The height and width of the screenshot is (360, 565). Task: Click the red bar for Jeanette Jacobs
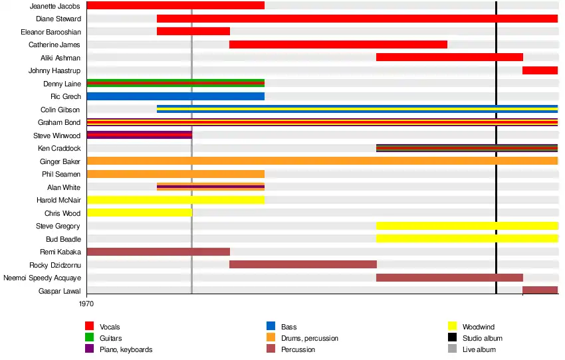coord(175,5)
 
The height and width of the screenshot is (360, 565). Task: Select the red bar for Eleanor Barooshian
coord(193,31)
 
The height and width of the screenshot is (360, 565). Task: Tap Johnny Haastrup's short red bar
coord(540,70)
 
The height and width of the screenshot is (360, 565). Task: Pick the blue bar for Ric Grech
coord(175,96)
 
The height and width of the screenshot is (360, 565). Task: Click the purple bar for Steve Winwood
coord(139,135)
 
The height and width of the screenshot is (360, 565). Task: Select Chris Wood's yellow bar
coord(139,213)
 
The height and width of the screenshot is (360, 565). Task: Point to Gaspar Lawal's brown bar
coord(540,290)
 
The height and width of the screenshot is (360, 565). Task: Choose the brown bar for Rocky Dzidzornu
coord(303,264)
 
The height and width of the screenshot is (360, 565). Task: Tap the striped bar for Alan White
coord(211,187)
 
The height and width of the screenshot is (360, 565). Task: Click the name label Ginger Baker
coord(60,161)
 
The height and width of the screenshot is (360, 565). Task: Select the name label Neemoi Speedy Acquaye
coord(42,278)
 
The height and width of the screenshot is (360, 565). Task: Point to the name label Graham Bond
coord(59,122)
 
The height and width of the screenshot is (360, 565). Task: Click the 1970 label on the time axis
coord(86,303)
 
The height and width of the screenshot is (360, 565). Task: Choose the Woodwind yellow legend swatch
coord(453,326)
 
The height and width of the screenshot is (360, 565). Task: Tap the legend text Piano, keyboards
coord(126,349)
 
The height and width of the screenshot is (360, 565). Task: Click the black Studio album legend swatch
coord(453,338)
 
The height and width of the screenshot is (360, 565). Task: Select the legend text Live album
coord(479,349)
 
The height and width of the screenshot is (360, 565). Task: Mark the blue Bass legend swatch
coord(271,326)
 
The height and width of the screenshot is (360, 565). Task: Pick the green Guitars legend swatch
coord(89,338)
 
